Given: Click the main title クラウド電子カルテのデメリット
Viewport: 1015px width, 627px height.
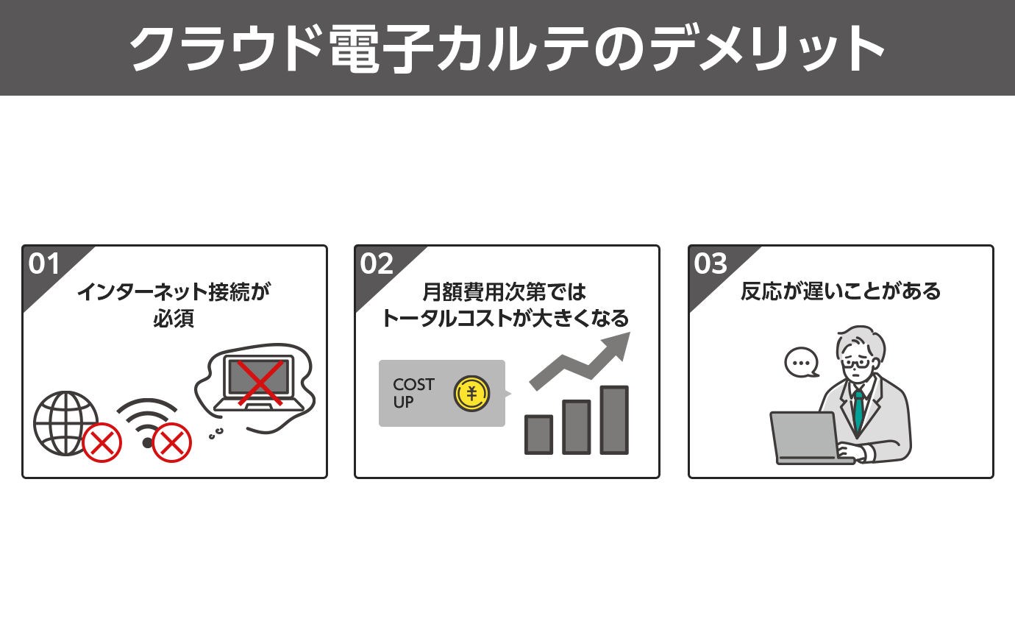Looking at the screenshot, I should point(508,49).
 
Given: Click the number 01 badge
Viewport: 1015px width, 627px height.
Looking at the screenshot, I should point(44,263).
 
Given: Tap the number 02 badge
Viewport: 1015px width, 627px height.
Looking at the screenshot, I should point(377,263).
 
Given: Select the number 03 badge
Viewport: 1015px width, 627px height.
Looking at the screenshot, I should point(710,263).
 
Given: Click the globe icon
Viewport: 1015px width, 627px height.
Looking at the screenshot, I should point(65,422).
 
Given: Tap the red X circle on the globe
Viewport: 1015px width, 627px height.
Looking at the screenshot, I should point(101,443).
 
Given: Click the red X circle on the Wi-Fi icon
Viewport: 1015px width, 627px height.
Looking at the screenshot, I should point(171,443).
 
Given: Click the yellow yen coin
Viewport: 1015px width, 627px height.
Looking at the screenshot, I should point(471,394).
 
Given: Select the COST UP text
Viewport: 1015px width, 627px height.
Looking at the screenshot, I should point(413,393).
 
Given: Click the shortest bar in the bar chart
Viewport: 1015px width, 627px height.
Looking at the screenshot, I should point(538,434).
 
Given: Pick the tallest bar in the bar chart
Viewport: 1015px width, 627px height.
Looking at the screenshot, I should point(614,419).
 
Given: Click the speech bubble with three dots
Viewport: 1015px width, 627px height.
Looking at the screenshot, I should point(802,363).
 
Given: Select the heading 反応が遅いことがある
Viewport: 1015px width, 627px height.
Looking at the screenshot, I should point(841,291).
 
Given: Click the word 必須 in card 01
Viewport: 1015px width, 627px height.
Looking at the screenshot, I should point(174,319).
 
